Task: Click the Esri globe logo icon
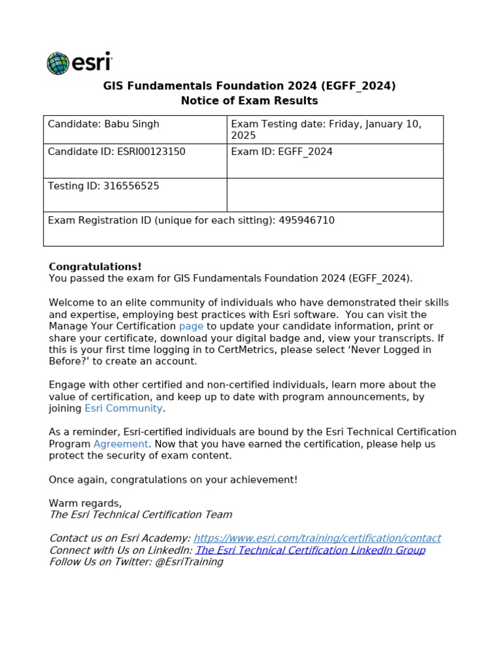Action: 58,63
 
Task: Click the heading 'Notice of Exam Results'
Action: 249,101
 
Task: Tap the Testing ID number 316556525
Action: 131,186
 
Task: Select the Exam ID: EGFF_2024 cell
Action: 281,152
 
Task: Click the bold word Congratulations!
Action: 95,266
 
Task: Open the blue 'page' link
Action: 191,326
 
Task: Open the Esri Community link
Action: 124,408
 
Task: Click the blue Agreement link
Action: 121,444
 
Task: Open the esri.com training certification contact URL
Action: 317,538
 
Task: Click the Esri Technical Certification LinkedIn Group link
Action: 311,550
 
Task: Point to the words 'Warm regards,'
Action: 85,503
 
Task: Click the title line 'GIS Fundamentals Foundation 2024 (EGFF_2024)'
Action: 249,86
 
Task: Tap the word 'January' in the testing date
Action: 398,124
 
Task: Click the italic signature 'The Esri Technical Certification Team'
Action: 141,515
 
